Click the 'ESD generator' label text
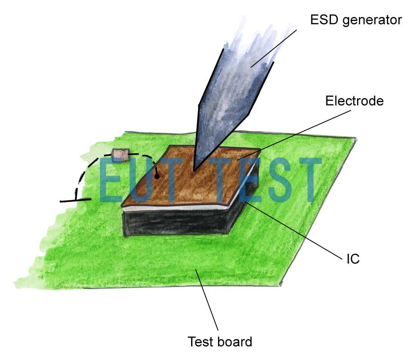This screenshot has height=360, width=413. pos(356,20)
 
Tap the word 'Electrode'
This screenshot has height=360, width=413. pos(354,101)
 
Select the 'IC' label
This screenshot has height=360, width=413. pos(353,259)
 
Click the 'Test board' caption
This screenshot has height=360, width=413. pos(220,342)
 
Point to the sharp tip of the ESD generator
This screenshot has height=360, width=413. pos(194,171)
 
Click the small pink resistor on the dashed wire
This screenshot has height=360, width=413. pos(120,155)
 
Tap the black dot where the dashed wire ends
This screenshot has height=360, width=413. pos(157,177)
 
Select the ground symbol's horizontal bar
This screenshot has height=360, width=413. pos(76,200)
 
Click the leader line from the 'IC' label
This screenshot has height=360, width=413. pos(294,229)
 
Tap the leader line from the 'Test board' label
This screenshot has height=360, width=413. pos(207,300)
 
